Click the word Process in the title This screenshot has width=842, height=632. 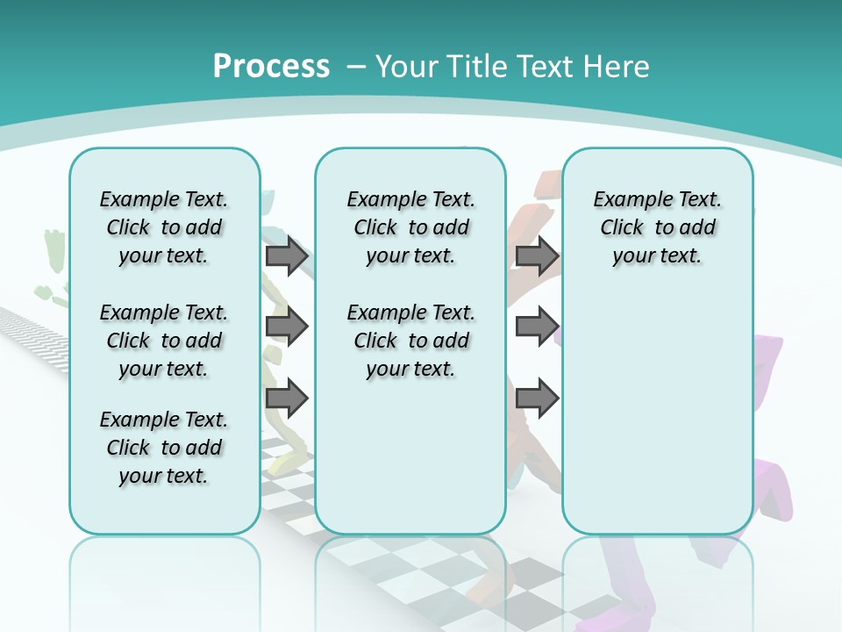271,67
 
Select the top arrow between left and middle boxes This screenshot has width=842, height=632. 287,256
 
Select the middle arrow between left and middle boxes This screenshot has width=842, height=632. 287,327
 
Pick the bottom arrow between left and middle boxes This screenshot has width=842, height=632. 287,399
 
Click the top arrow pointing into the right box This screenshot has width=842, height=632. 537,256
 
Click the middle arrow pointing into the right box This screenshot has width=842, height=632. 537,327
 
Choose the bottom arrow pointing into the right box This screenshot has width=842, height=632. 537,399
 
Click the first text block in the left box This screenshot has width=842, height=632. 164,227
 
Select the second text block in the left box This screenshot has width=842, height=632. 164,341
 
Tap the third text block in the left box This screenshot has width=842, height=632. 164,448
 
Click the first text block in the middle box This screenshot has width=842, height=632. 410,227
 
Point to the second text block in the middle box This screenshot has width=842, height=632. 410,341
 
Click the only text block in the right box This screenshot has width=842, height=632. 657,227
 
